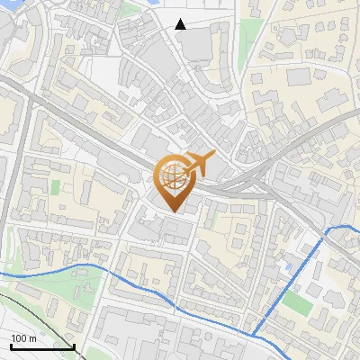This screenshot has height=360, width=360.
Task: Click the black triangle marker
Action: pos(181,24)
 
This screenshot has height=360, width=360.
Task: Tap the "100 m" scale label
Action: pos(23,338)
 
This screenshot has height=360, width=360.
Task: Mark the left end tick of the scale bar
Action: pos(11,344)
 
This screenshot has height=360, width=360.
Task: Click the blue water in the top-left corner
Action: pos(9,7)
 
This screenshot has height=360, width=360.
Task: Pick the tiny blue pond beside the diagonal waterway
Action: pos(286,266)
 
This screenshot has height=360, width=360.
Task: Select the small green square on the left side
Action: pos(56,187)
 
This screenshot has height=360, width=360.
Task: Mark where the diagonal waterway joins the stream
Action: pos(255,335)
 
